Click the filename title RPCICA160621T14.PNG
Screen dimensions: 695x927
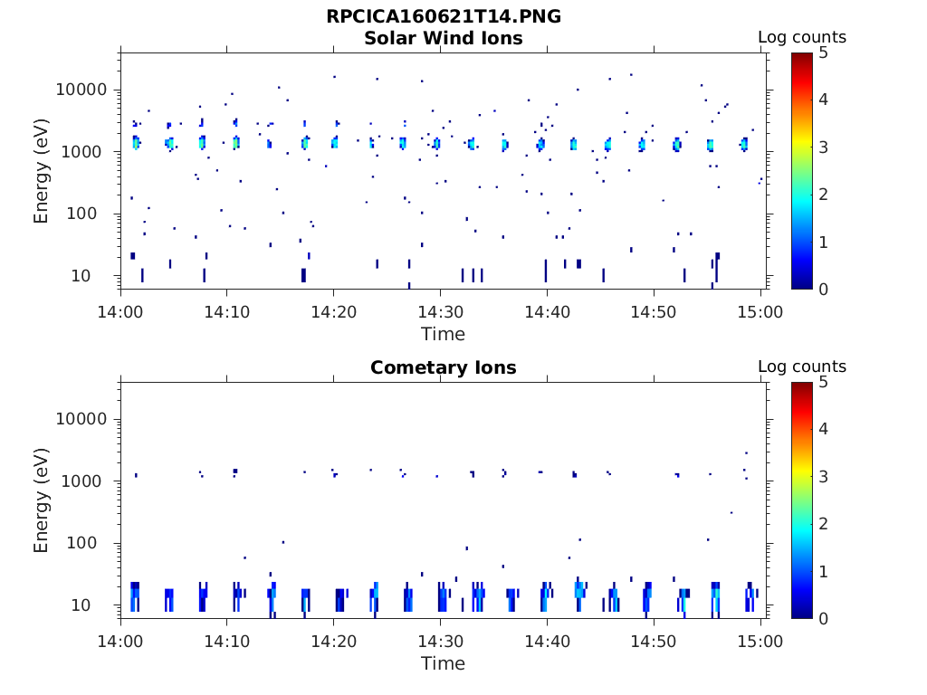click(444, 17)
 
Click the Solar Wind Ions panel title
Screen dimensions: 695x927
click(444, 38)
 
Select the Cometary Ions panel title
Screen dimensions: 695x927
click(444, 367)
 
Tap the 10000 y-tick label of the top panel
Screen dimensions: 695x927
click(82, 90)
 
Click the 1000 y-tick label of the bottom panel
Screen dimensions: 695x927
click(88, 481)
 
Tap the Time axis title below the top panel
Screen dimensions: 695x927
click(444, 334)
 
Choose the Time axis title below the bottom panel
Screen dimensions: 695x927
click(444, 663)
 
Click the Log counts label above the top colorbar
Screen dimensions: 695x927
click(802, 37)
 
